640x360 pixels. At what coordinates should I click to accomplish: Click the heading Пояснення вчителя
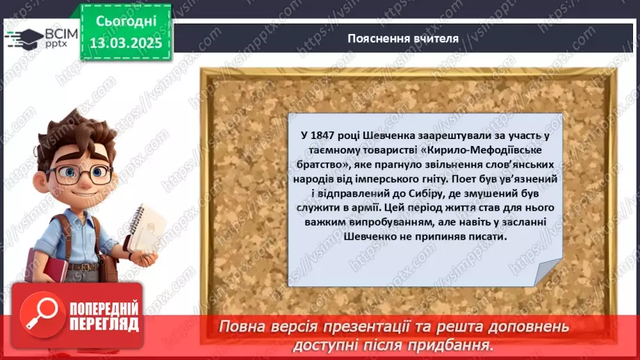403,38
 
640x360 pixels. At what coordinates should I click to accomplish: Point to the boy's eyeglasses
76,172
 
